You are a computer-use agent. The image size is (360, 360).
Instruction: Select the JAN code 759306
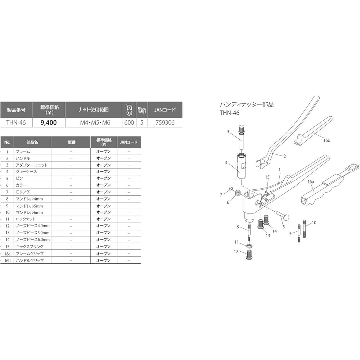point(165,122)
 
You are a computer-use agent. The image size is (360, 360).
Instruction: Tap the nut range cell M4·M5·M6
point(95,122)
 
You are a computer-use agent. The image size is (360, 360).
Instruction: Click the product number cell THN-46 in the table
point(16,122)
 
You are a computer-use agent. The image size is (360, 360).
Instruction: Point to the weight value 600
point(129,122)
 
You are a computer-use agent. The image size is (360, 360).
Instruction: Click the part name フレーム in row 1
point(22,152)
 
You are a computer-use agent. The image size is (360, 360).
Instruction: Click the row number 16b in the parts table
point(7,260)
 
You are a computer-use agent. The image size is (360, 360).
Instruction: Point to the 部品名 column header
point(32,142)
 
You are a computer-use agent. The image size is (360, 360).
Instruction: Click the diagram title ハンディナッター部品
point(247,105)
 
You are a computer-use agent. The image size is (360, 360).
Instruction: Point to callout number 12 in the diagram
point(236,252)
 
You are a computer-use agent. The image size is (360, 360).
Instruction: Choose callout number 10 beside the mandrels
point(314,223)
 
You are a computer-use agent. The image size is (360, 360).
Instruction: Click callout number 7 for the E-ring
point(221,195)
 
